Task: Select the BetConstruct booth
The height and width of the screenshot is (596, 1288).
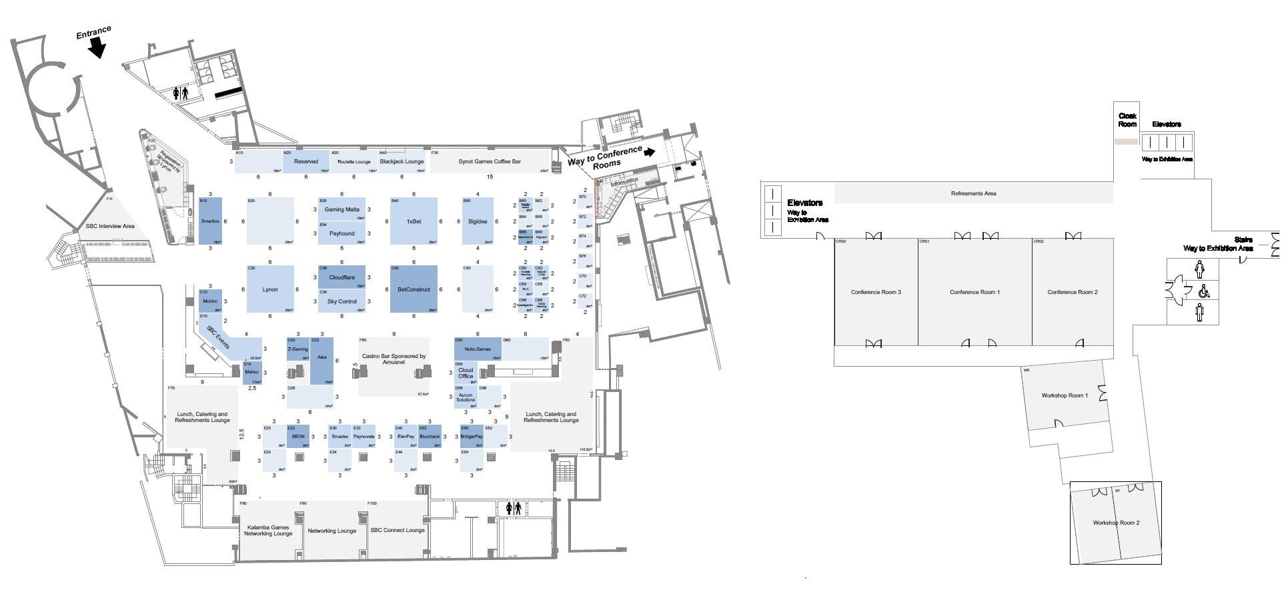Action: point(414,289)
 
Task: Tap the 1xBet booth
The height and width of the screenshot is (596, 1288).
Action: point(414,221)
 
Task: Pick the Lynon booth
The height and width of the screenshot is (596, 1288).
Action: point(270,289)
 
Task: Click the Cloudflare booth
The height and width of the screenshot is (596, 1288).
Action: point(342,277)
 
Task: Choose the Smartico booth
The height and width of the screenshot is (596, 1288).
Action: point(210,221)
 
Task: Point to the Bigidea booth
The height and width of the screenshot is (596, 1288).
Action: point(478,221)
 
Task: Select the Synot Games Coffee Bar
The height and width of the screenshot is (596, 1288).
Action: point(490,161)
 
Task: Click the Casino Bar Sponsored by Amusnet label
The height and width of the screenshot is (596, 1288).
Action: point(394,359)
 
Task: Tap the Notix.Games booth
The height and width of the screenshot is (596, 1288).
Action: point(478,349)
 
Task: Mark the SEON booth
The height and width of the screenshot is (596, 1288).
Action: point(298,437)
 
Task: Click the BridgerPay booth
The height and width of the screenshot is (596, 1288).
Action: point(472,437)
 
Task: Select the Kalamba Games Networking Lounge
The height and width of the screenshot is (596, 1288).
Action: point(268,531)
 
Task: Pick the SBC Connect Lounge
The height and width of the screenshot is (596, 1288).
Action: point(398,531)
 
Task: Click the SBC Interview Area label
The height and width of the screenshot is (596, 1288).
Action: point(110,227)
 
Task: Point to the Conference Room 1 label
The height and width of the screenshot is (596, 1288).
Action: point(975,292)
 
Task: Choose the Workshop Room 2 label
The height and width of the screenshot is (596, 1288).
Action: point(1116,523)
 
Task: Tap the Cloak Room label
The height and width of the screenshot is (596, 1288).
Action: point(1127,120)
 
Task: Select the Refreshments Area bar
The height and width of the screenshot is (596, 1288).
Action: point(973,193)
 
